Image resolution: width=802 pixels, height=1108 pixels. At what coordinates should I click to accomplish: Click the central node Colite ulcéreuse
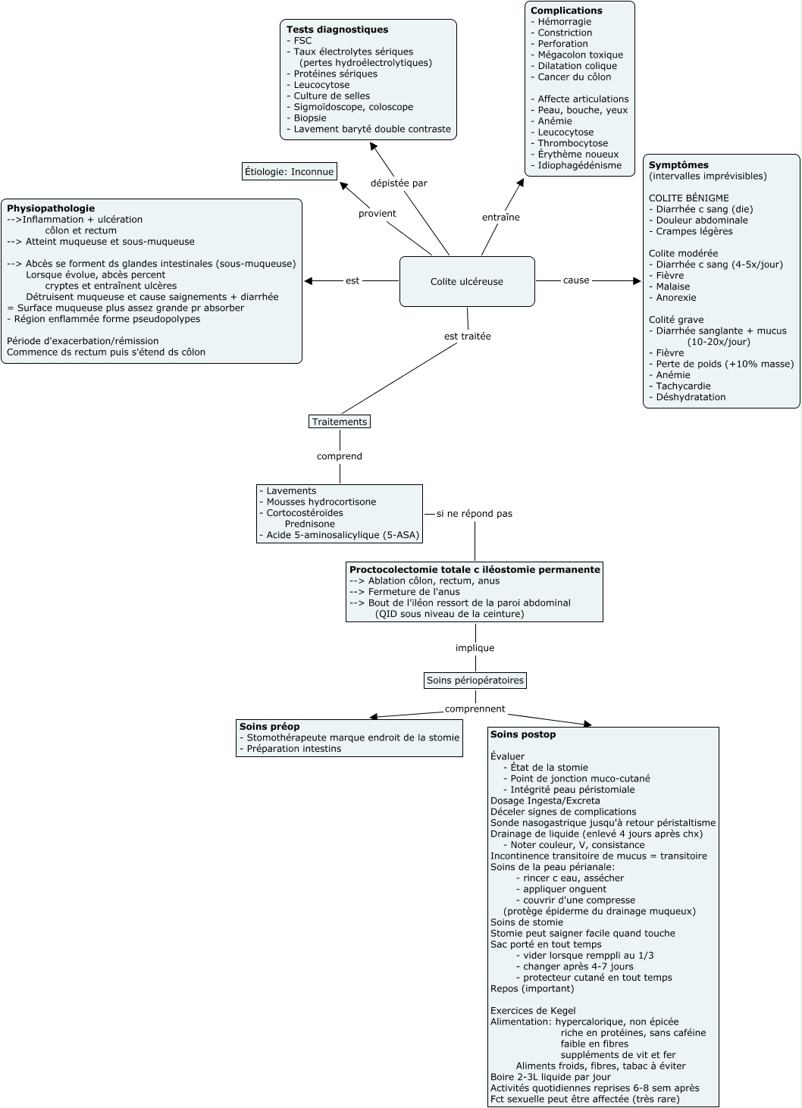pos(467,281)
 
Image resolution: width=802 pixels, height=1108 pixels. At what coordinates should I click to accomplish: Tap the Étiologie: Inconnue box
pos(289,171)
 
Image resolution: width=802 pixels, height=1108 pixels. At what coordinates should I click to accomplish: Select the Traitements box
pos(340,421)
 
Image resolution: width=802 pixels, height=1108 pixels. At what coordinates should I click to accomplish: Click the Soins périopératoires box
pos(475,680)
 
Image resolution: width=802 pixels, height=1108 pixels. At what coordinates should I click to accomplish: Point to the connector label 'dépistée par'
pos(399,183)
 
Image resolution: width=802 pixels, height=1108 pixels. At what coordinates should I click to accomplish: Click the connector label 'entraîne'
pos(501,217)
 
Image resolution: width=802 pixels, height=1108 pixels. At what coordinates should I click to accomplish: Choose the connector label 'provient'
pos(378,213)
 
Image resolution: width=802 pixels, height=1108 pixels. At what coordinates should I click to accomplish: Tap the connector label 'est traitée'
pos(468,336)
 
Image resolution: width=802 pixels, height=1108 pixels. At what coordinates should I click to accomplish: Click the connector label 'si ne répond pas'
pos(475,513)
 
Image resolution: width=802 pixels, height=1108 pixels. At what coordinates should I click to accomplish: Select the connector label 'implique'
pos(475,647)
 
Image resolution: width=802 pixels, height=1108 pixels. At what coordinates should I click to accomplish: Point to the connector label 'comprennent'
pos(475,709)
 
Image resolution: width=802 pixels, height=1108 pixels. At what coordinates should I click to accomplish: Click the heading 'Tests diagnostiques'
pos(337,30)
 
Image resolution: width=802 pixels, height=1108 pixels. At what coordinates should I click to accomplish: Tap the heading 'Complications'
pos(566,11)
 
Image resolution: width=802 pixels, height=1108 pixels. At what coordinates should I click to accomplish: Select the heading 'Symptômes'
pos(678,164)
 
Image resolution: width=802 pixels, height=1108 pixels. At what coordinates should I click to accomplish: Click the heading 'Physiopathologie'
pos(51,208)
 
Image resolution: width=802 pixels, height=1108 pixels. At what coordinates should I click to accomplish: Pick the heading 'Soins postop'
pos(523,734)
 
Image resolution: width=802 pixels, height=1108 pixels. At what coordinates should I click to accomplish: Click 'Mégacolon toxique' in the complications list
pos(580,55)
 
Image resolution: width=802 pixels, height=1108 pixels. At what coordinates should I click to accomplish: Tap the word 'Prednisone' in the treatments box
pos(310,524)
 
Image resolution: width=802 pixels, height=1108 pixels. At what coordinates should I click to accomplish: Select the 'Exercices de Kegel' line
pos(533,1010)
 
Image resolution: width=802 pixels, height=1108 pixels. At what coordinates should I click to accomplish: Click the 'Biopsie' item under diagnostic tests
pos(310,117)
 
